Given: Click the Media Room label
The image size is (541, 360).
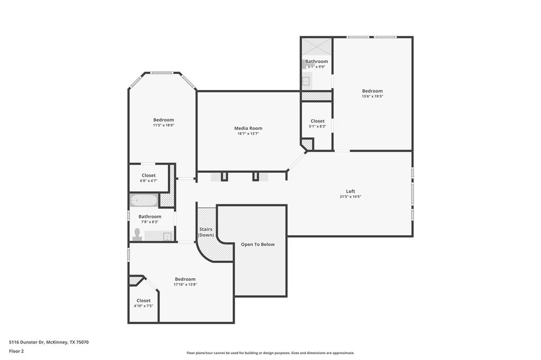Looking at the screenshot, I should [x=248, y=128].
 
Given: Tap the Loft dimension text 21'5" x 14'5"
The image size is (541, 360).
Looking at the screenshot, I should [x=350, y=197].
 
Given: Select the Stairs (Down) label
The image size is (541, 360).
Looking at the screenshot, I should [x=206, y=232].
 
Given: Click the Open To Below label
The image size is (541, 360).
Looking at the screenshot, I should [x=258, y=244].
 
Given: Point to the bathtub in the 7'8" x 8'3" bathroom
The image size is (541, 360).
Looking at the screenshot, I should [x=144, y=201].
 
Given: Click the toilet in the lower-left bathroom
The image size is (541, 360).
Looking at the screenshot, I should [x=137, y=234].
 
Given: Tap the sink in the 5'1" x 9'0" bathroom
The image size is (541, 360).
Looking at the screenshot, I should [x=305, y=81].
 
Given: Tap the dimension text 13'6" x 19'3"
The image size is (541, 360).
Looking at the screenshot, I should [x=372, y=97].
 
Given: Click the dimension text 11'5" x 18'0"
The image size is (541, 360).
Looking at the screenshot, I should [x=163, y=126].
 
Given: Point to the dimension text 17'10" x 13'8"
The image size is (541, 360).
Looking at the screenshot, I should [x=185, y=285].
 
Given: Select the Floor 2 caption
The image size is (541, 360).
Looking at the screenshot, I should [x=17, y=351].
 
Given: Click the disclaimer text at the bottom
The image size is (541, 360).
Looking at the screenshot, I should [x=270, y=353].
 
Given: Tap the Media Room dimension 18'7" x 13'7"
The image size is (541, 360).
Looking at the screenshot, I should [x=248, y=134].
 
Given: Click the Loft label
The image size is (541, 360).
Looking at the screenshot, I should [x=350, y=191].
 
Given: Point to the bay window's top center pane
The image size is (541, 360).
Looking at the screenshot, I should [x=162, y=73].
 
